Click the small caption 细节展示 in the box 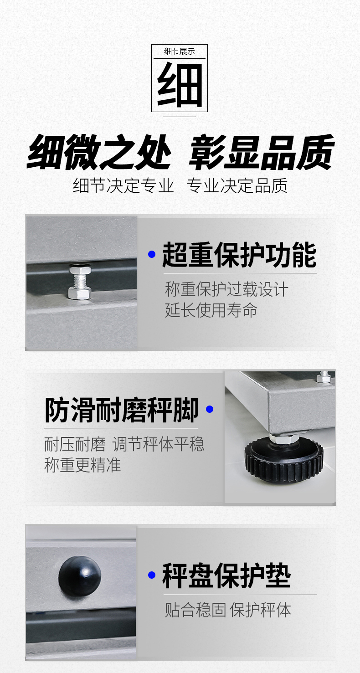click(x=180, y=51)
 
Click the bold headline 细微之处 click(x=99, y=152)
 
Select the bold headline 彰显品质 click(x=262, y=152)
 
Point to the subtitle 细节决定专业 click(x=123, y=185)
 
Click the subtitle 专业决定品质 click(x=237, y=185)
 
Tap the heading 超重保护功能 click(x=240, y=255)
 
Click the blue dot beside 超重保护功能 click(x=152, y=254)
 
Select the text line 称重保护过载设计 click(x=226, y=289)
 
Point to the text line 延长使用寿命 click(x=211, y=310)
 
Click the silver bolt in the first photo click(x=80, y=281)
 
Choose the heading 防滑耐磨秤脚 click(x=121, y=410)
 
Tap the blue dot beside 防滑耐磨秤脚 click(x=210, y=409)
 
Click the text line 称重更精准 click(x=82, y=465)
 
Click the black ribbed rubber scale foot click(x=284, y=458)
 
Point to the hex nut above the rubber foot click(x=283, y=438)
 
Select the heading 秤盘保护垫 click(x=226, y=575)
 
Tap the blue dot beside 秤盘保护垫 click(x=152, y=575)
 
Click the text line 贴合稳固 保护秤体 click(x=228, y=610)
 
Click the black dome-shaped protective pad click(x=80, y=576)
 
